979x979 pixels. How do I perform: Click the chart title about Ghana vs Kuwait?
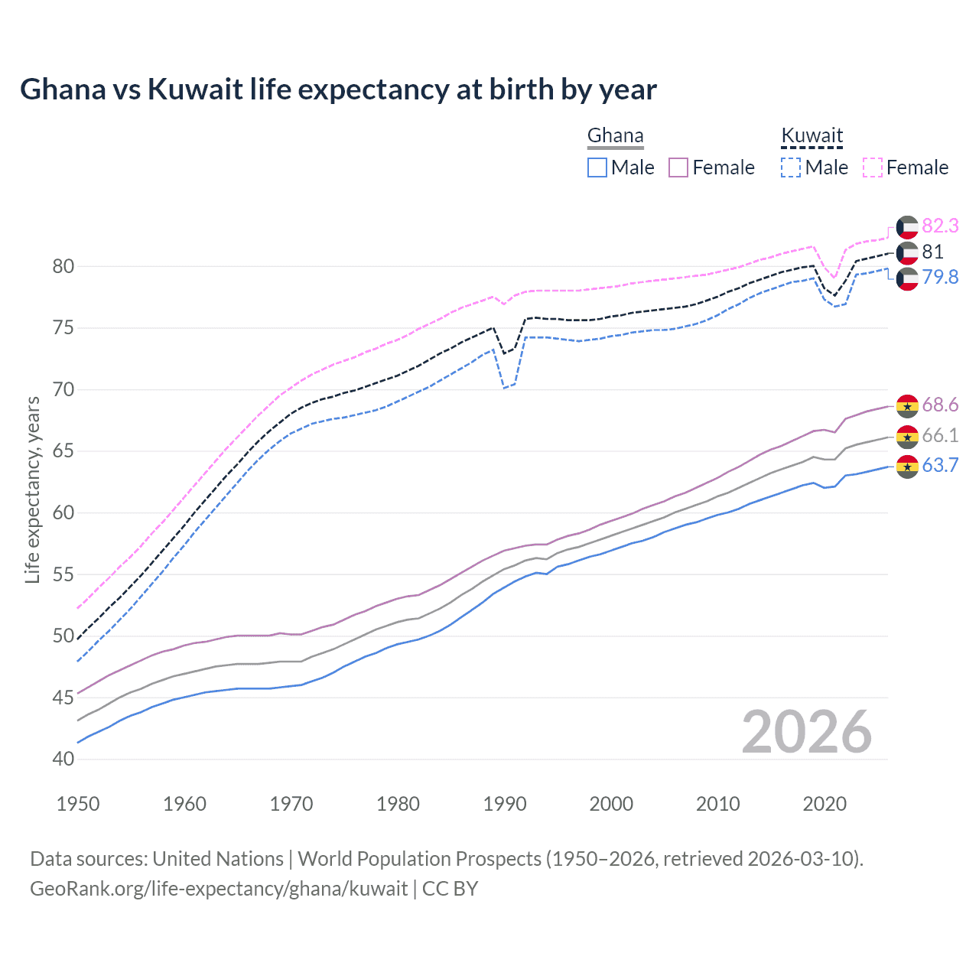click(x=338, y=89)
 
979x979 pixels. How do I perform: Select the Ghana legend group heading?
click(x=615, y=136)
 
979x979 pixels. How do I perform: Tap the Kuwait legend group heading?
click(x=811, y=136)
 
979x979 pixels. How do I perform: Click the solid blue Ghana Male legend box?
click(x=597, y=168)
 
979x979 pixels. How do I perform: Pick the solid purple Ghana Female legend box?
click(x=679, y=168)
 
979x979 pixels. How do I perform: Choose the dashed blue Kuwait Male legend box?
click(x=791, y=168)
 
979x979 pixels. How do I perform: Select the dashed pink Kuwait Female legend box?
click(x=873, y=168)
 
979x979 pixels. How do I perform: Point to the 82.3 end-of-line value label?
click(x=940, y=226)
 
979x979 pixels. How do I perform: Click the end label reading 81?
click(x=932, y=252)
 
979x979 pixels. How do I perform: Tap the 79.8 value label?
click(x=940, y=277)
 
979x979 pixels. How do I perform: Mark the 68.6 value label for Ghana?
click(x=940, y=405)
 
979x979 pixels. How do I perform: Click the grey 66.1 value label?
click(x=940, y=435)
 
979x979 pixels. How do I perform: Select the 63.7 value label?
click(x=940, y=465)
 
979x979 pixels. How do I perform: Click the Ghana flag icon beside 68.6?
click(x=907, y=405)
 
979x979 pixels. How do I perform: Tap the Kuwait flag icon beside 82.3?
click(x=907, y=226)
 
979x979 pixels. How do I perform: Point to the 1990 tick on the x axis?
click(x=505, y=804)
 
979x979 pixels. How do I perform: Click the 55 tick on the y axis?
click(x=63, y=574)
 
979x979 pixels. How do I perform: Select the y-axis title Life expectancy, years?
click(x=32, y=489)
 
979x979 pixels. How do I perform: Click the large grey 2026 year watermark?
click(x=806, y=732)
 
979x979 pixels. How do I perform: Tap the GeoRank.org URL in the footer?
click(x=219, y=889)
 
